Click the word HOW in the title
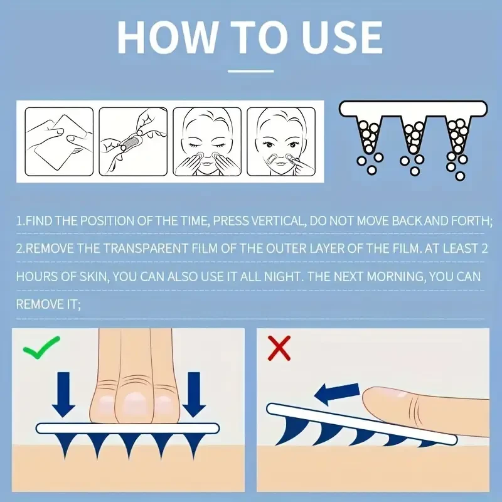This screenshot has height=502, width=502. coord(166,37)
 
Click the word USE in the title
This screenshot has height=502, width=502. coord(342,37)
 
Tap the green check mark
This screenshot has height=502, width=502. coord(41,347)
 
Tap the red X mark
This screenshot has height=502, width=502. coord(279,348)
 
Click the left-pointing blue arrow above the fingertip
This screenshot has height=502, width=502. coord(337,393)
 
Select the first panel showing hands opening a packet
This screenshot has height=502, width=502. coord(59,142)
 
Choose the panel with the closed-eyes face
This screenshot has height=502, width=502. coord(207,142)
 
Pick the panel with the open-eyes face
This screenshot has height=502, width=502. coord(281,142)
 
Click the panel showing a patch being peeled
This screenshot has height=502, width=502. coord(133,142)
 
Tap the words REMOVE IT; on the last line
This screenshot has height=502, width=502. coord(48,304)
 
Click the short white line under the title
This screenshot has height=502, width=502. coord(250,72)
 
